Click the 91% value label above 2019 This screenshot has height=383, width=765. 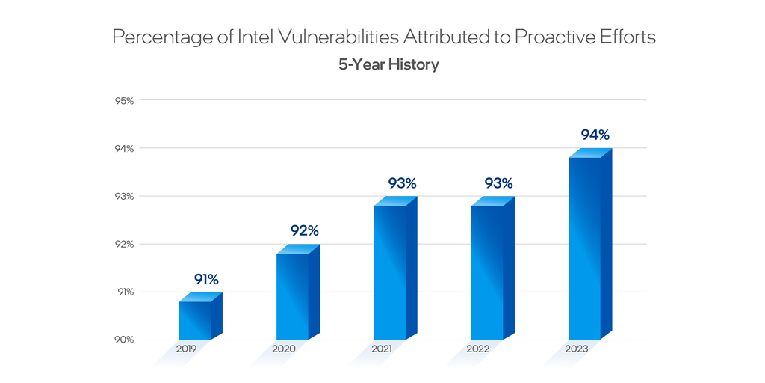tap(206, 280)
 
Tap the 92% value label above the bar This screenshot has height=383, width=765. tap(304, 231)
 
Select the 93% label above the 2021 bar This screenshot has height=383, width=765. tap(402, 183)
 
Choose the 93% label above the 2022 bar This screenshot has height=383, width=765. tap(498, 183)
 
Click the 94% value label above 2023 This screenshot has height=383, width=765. tap(595, 135)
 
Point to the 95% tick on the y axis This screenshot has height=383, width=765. tap(124, 100)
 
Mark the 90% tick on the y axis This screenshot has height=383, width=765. tap(124, 340)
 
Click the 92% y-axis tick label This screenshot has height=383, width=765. tap(124, 244)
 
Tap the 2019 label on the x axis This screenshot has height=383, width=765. tap(187, 349)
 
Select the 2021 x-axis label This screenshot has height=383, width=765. tap(382, 349)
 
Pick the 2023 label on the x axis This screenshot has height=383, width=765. tap(576, 349)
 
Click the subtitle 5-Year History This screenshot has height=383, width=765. tap(388, 64)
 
